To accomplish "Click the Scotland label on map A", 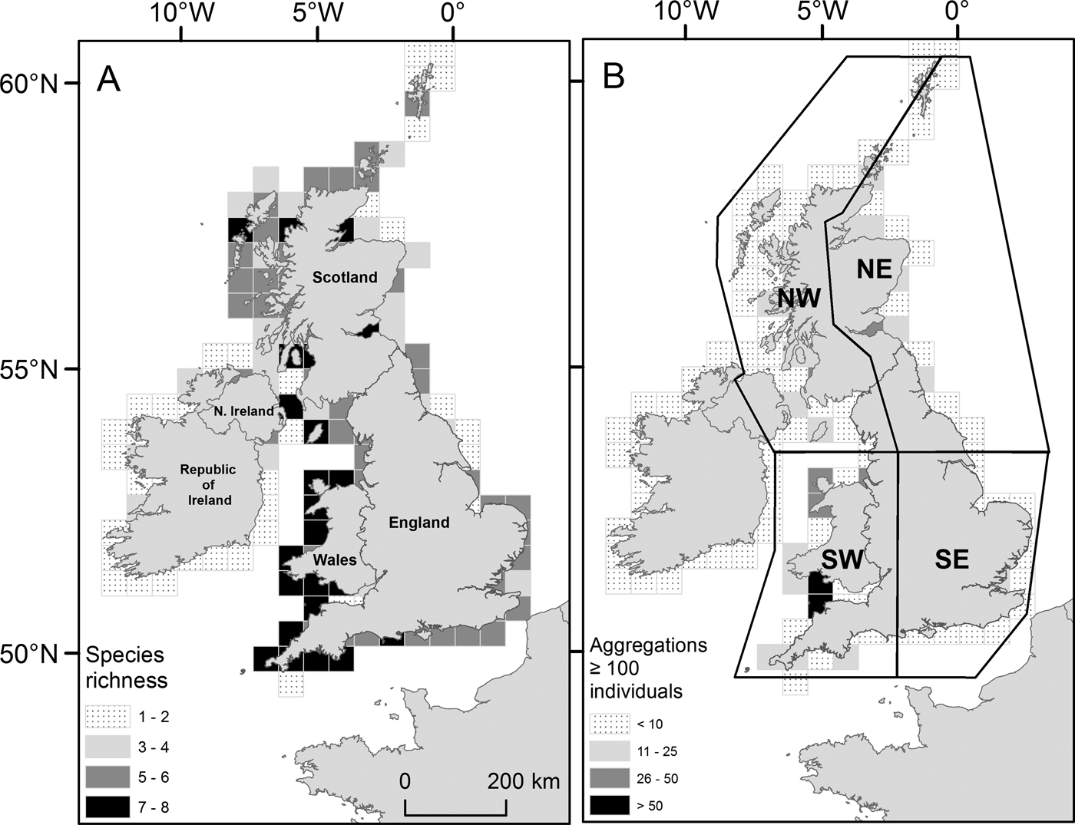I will click(x=345, y=277).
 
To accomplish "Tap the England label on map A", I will click(x=418, y=523).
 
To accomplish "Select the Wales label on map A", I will click(x=335, y=559).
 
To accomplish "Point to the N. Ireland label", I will click(x=244, y=411).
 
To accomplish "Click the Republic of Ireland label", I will click(x=208, y=484).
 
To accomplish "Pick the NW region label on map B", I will click(x=799, y=299).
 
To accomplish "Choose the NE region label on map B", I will click(x=874, y=268).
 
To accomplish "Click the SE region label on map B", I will click(x=951, y=559).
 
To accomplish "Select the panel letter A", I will click(x=108, y=78).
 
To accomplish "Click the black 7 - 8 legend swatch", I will click(x=106, y=807).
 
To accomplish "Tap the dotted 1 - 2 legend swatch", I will click(x=106, y=718).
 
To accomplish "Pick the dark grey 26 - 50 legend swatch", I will click(x=610, y=778).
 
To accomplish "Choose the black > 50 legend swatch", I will click(x=610, y=806).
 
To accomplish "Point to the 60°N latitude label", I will click(x=28, y=83).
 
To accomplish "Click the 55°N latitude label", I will click(x=28, y=369).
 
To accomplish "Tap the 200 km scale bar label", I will click(x=524, y=781).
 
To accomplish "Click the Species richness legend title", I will click(x=126, y=667).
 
